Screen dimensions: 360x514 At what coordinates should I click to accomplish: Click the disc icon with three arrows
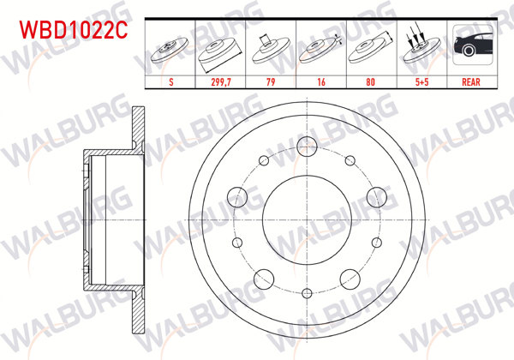click(x=420, y=46)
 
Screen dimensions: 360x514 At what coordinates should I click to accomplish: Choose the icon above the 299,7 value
click(x=221, y=48)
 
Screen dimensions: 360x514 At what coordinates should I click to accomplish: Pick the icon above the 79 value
click(x=271, y=48)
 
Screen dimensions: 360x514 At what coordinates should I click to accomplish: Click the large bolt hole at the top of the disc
click(x=307, y=144)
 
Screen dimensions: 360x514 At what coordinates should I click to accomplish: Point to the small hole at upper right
click(x=350, y=160)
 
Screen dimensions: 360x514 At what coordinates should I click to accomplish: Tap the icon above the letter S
click(x=171, y=48)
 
